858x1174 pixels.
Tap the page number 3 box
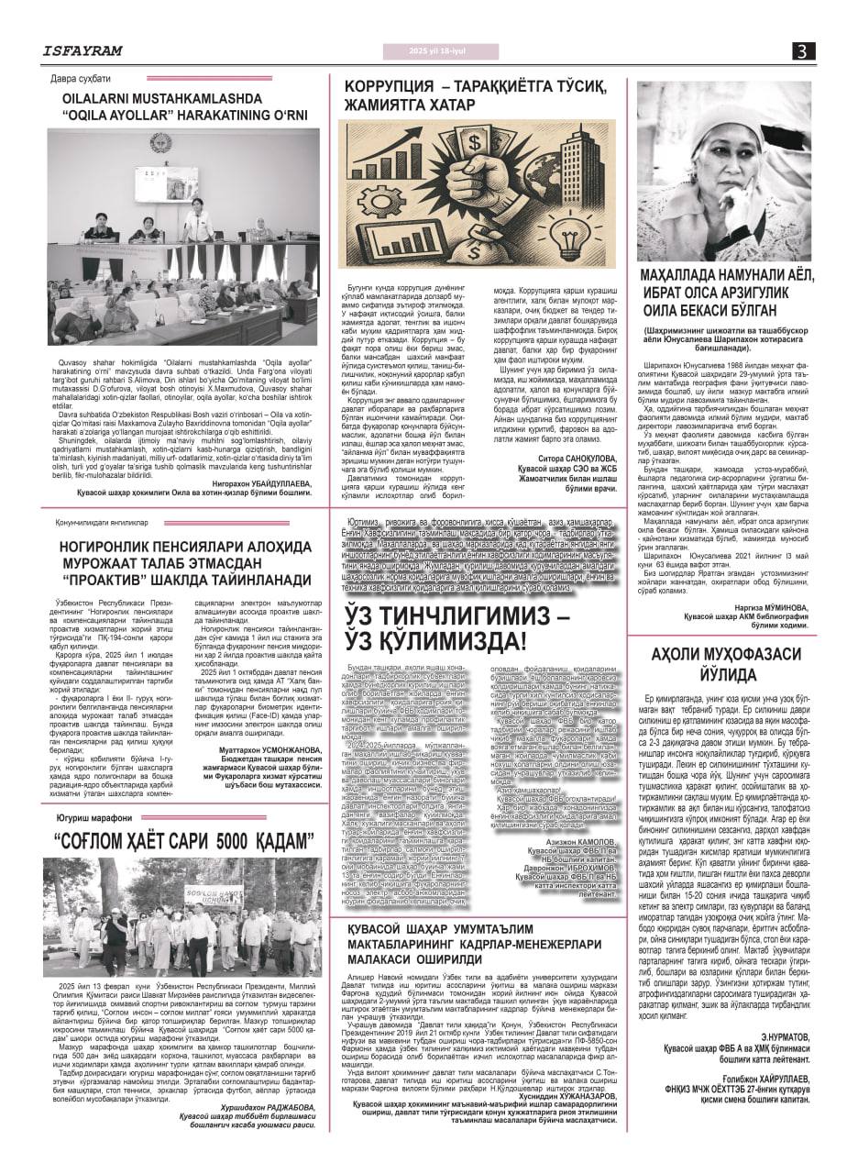pos(803,51)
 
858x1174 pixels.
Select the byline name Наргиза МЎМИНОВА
pos(769,606)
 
